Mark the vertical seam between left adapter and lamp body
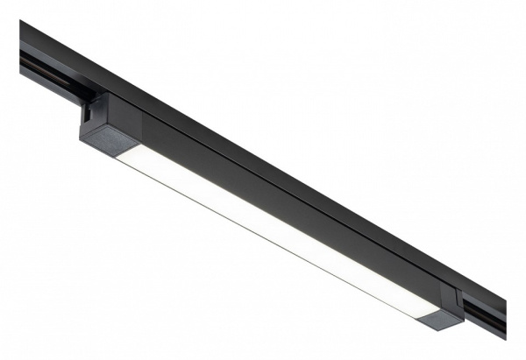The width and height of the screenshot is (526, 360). pos(140,123)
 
